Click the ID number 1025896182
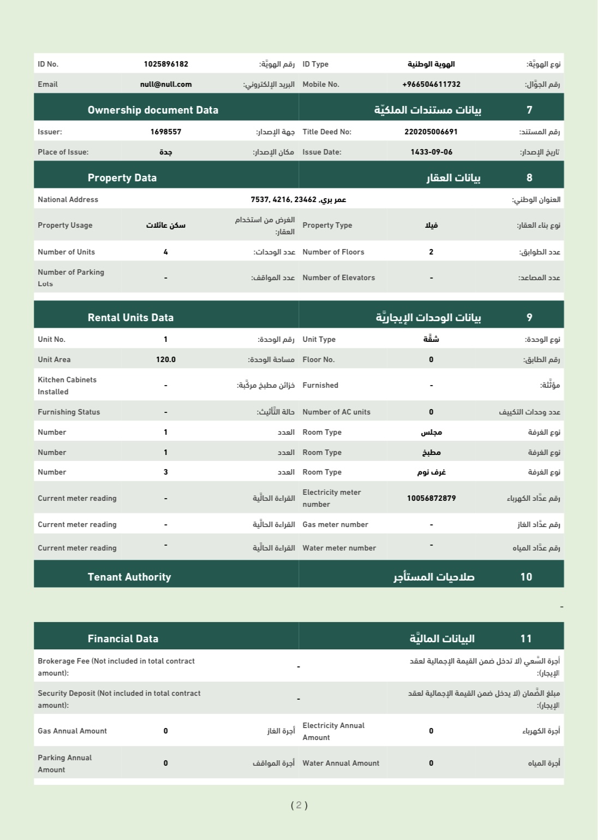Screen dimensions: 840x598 (166, 64)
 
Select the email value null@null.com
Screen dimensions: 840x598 (166, 84)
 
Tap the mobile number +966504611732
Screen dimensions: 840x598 (431, 84)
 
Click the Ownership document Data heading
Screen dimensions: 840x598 (153, 110)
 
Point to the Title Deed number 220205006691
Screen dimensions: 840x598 (431, 132)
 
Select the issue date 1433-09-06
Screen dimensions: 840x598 (431, 152)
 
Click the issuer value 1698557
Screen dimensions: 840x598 (166, 132)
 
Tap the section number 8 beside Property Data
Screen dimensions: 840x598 (529, 178)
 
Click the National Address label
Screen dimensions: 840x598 (68, 199)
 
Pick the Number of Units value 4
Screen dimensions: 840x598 (166, 252)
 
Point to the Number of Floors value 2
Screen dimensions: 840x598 (431, 252)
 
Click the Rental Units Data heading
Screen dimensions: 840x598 (130, 317)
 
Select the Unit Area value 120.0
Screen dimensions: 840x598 (166, 359)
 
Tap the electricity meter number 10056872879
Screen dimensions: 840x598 (431, 498)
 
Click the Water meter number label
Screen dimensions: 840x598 (339, 548)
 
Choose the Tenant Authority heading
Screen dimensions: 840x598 (129, 577)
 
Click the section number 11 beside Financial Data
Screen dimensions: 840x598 (526, 638)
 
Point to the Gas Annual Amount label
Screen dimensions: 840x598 (72, 731)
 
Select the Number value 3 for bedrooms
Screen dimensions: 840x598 (166, 472)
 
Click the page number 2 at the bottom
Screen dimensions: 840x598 (299, 805)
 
